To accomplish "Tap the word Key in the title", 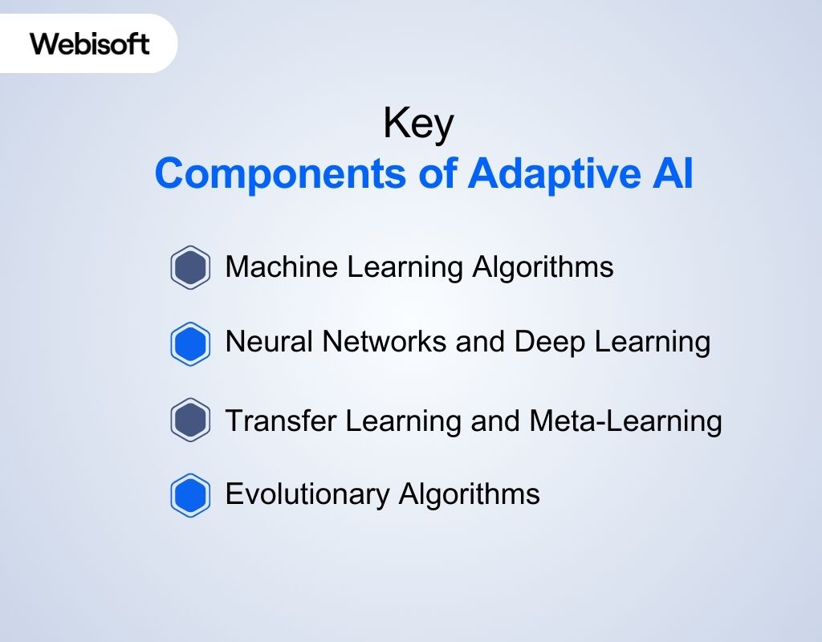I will [x=418, y=125].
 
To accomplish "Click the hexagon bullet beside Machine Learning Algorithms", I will [x=190, y=267].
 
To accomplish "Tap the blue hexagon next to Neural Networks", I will [x=190, y=344].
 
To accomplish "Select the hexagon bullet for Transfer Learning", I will [x=190, y=421].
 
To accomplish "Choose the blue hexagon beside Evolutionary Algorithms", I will [x=190, y=495].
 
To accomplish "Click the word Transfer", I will [x=272, y=420].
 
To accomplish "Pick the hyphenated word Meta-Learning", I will [x=625, y=420].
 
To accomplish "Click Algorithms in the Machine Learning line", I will [x=543, y=267].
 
